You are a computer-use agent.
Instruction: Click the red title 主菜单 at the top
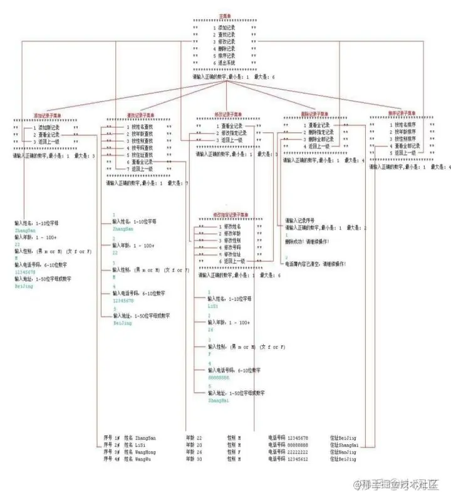pyautogui.click(x=224, y=16)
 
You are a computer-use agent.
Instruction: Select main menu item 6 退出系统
pyautogui.click(x=226, y=63)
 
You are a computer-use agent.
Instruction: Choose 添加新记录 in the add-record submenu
pyautogui.click(x=48, y=127)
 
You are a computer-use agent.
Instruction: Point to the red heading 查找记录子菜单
pyautogui.click(x=140, y=116)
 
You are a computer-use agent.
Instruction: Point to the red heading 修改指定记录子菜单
pyautogui.click(x=230, y=214)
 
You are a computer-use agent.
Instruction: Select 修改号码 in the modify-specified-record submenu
pyautogui.click(x=231, y=247)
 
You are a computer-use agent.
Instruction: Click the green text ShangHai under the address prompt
pyautogui.click(x=219, y=400)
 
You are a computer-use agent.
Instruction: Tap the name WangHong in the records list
pyautogui.click(x=145, y=452)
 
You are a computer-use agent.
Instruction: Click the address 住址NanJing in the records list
pyautogui.click(x=343, y=452)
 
